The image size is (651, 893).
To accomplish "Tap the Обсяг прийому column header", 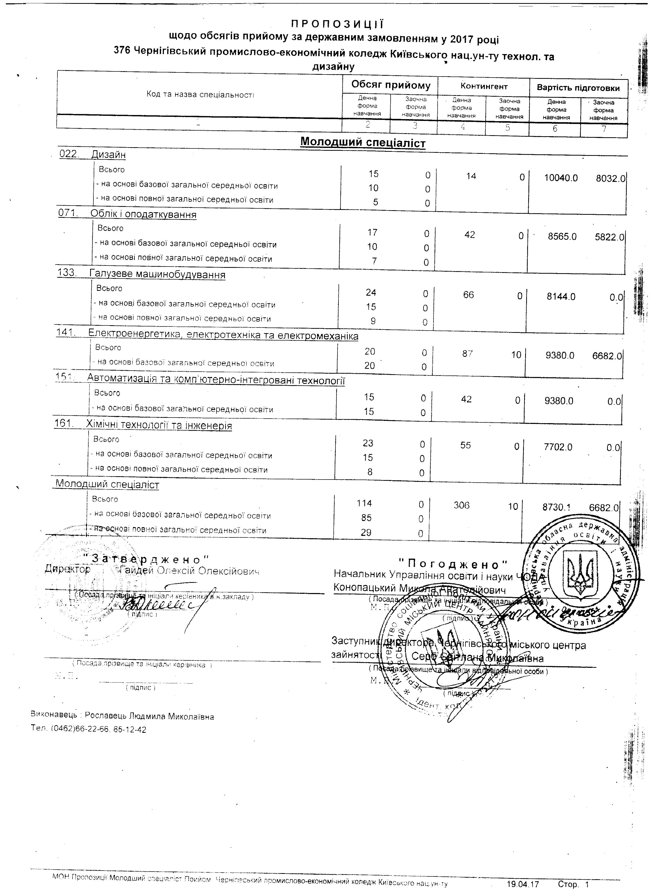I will (391, 85).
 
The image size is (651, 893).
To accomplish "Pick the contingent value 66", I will (468, 295).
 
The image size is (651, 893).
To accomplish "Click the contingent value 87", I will (468, 354).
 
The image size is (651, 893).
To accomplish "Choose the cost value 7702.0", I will (558, 447).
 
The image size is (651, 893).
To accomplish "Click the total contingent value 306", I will (462, 505).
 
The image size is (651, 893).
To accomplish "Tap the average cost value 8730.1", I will (557, 508).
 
